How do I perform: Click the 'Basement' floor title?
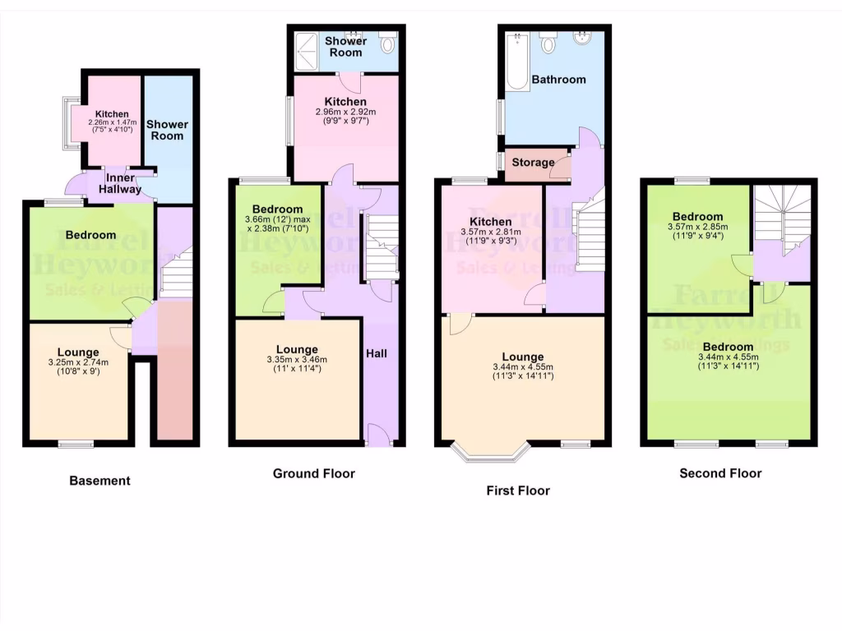point(99,481)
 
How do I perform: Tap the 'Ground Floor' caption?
point(314,473)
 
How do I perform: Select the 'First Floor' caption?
point(518,491)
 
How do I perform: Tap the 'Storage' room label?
point(533,163)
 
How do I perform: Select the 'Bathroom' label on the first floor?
point(558,80)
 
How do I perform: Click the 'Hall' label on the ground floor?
point(377,353)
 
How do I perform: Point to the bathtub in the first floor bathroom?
point(518,62)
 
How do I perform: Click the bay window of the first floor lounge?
point(492,453)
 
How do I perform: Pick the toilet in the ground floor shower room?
point(388,41)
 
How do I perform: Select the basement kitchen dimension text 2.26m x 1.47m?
point(111,122)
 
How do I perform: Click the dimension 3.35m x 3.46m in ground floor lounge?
point(297,359)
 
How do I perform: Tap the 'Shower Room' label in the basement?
point(167,130)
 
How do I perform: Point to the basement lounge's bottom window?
point(76,444)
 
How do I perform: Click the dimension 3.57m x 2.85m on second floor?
point(697,228)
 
